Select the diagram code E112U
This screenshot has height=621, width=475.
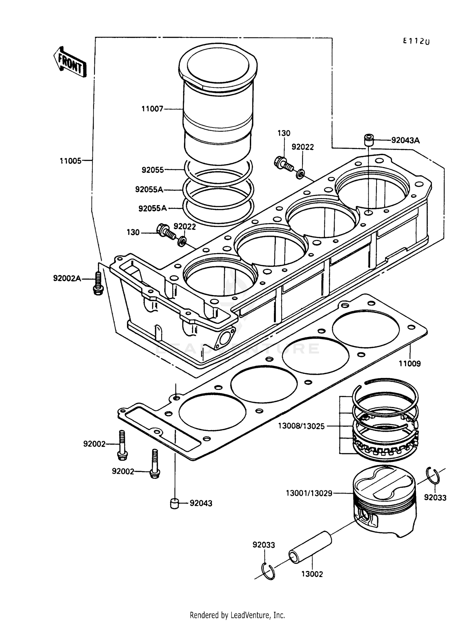pyautogui.click(x=416, y=41)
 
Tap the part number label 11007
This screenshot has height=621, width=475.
pyautogui.click(x=152, y=109)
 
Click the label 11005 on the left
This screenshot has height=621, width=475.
pyautogui.click(x=71, y=161)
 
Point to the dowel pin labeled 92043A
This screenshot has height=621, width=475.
pyautogui.click(x=368, y=140)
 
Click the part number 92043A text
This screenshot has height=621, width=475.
pyautogui.click(x=405, y=140)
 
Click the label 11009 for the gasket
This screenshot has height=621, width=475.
pyautogui.click(x=409, y=363)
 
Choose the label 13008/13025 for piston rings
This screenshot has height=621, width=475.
pyautogui.click(x=301, y=426)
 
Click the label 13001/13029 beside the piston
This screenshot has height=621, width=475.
pyautogui.click(x=309, y=493)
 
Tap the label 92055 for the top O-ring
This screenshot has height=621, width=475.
pyautogui.click(x=153, y=170)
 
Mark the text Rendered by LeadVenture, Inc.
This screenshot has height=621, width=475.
pyautogui.click(x=237, y=615)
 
